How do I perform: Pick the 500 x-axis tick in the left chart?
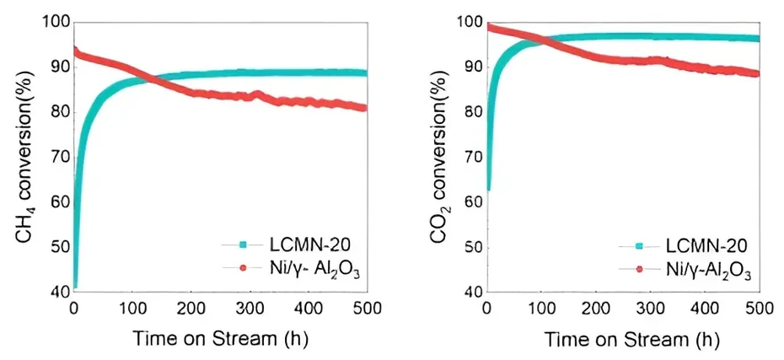click(x=366, y=309)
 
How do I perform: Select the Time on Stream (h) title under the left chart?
click(x=220, y=339)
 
